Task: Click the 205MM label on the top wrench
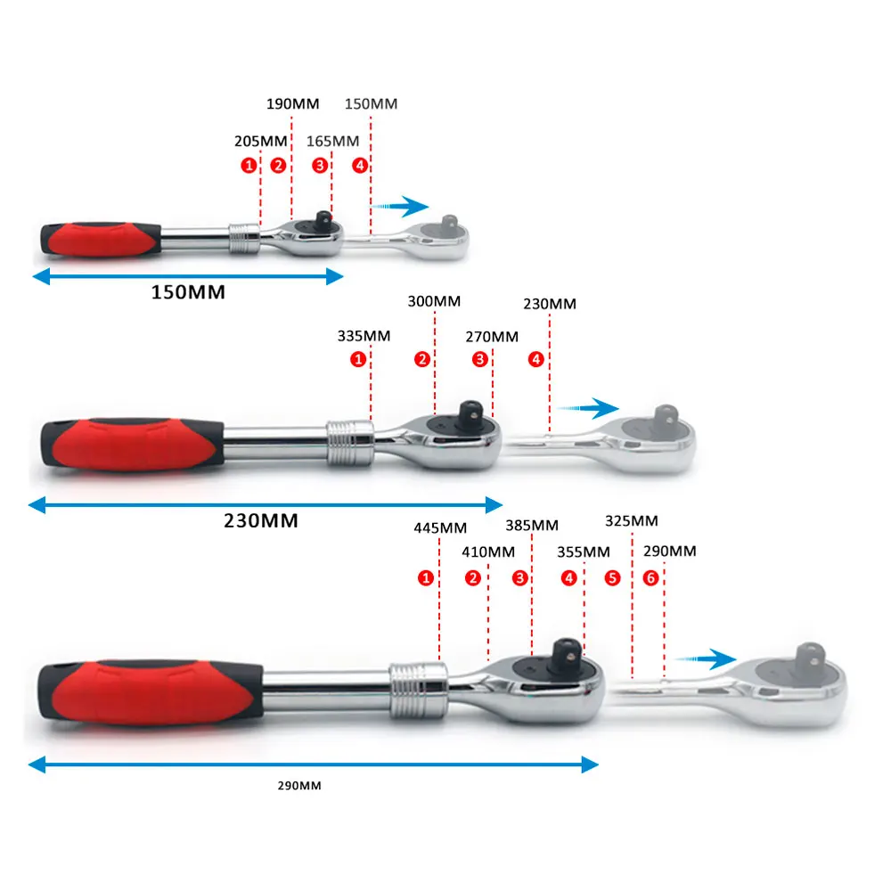pos(261,141)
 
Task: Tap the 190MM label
pos(292,103)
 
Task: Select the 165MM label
pos(332,141)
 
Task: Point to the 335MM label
pos(364,337)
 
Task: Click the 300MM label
pos(435,302)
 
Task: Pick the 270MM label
pos(492,337)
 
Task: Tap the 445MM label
pos(440,527)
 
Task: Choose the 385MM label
pos(532,526)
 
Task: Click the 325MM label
pos(631,520)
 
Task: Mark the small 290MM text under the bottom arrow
pos(299,785)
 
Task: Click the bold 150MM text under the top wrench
pos(187,292)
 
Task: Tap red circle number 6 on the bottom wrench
pos(651,578)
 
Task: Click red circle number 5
pos(612,578)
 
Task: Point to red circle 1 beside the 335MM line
pos(358,360)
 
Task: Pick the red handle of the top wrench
pos(100,239)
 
